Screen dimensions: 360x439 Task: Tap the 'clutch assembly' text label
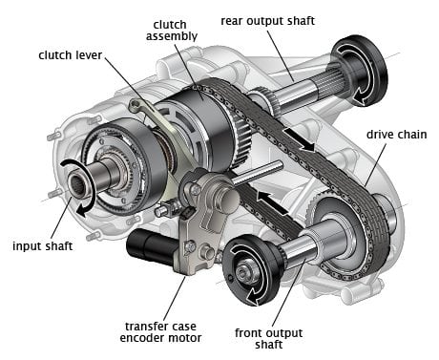coord(175,30)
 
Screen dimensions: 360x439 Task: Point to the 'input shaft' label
coord(46,246)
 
